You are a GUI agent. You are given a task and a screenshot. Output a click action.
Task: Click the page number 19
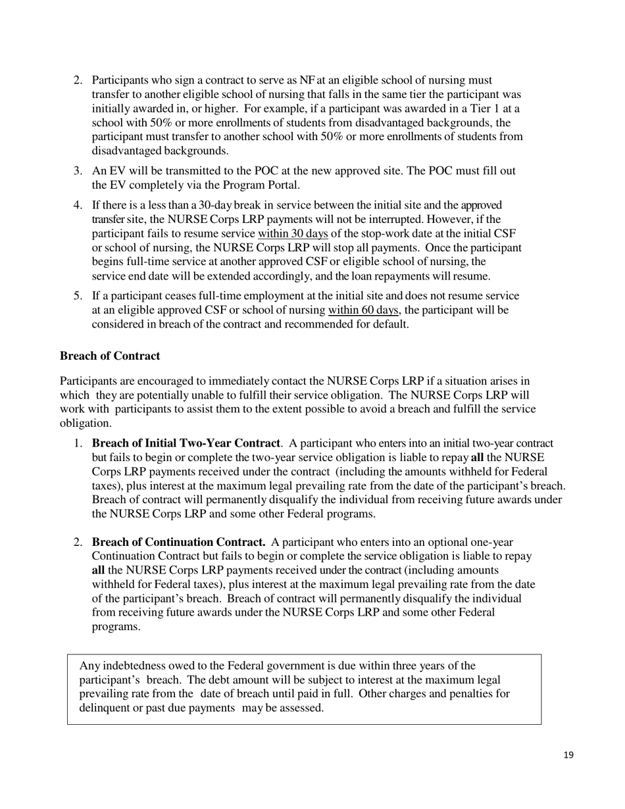(x=568, y=755)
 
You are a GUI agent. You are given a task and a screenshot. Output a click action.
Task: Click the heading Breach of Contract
(x=110, y=356)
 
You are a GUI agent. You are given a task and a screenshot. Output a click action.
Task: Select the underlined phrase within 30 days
(x=293, y=233)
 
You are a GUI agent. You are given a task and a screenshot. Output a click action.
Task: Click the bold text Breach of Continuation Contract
(x=178, y=542)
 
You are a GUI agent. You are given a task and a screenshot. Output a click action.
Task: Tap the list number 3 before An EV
(x=78, y=171)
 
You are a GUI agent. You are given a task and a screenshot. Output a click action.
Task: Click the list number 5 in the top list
(x=78, y=296)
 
